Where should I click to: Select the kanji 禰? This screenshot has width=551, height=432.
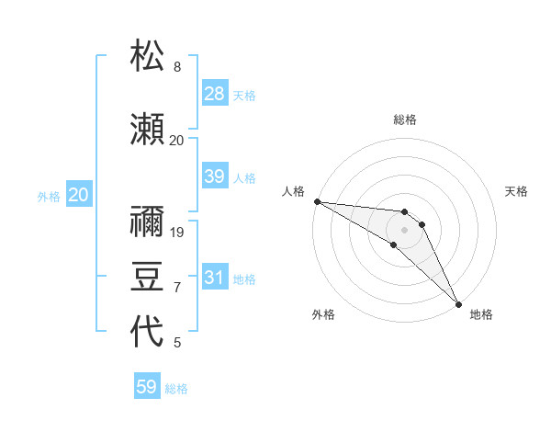click(147, 221)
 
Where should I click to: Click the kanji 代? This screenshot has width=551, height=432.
click(147, 332)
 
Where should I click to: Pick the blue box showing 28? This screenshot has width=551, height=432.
click(215, 94)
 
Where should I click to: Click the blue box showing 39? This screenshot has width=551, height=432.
click(215, 176)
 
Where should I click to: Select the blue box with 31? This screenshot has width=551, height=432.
click(215, 278)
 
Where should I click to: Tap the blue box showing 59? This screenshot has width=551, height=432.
click(147, 387)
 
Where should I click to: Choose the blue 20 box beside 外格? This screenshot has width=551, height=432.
click(79, 195)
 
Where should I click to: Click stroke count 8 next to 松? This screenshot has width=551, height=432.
click(177, 67)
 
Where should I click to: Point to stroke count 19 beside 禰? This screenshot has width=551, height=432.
click(178, 232)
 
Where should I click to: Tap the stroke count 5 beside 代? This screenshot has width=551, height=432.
click(177, 343)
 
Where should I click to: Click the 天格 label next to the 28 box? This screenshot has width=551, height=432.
click(243, 95)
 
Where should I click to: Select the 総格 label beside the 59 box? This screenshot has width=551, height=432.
click(176, 389)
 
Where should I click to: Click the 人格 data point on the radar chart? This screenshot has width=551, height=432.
click(316, 201)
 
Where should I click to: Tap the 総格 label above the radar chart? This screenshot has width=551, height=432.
click(405, 119)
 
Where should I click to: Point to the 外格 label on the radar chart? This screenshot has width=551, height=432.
click(323, 314)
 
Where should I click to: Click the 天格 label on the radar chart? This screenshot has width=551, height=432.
click(516, 191)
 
